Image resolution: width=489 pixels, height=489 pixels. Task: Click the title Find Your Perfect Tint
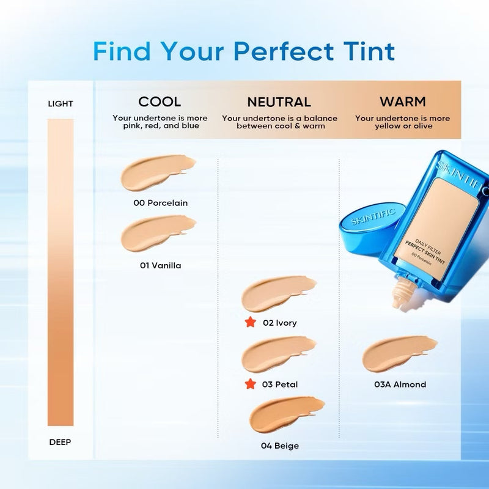click(x=244, y=51)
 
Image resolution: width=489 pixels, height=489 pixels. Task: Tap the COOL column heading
click(x=160, y=101)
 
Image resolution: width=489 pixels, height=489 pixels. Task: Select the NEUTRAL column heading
click(x=279, y=102)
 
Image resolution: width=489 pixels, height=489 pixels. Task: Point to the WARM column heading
click(x=402, y=101)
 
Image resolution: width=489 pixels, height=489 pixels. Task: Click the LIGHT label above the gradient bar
click(x=61, y=104)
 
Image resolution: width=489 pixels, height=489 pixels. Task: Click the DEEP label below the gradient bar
click(x=61, y=442)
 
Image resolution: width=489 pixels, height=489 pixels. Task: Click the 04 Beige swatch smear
click(x=285, y=414)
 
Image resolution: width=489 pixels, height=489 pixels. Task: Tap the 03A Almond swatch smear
click(x=399, y=355)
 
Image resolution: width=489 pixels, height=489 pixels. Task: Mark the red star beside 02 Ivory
click(x=250, y=322)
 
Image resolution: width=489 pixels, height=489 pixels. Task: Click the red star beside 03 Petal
click(x=250, y=384)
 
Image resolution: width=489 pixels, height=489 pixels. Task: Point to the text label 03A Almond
click(x=400, y=384)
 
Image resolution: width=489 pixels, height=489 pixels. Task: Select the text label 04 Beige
click(x=280, y=446)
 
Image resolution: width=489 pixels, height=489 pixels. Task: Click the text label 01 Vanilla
click(x=160, y=266)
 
